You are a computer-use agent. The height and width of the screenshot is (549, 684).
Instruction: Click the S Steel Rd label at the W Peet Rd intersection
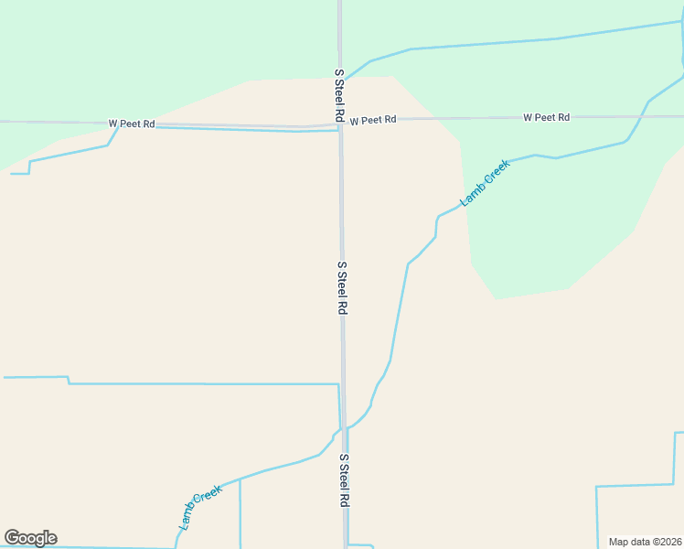pyautogui.click(x=338, y=96)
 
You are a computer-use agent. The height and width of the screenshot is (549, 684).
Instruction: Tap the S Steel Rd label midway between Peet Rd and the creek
pyautogui.click(x=342, y=288)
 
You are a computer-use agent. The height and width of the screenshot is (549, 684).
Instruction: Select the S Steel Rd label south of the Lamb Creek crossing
pyautogui.click(x=345, y=480)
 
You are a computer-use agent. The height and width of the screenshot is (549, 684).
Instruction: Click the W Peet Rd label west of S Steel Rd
pyautogui.click(x=132, y=124)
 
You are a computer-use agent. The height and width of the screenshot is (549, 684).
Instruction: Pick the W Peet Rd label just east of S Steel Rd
pyautogui.click(x=373, y=120)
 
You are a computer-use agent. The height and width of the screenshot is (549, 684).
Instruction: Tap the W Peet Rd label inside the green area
pyautogui.click(x=546, y=117)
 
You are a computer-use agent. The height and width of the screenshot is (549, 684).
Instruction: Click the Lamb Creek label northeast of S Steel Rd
pyautogui.click(x=485, y=183)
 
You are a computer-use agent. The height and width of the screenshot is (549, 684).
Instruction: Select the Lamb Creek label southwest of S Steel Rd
pyautogui.click(x=200, y=507)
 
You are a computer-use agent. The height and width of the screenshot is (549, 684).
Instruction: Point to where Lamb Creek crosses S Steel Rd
pyautogui.click(x=344, y=427)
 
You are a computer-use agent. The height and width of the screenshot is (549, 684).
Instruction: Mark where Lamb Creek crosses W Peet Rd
pyautogui.click(x=647, y=116)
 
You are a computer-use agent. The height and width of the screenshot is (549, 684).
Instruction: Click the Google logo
pyautogui.click(x=30, y=538)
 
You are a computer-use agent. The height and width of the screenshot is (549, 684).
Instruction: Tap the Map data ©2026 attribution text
pyautogui.click(x=646, y=542)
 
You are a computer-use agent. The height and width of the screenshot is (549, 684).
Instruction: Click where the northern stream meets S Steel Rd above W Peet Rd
pyautogui.click(x=341, y=80)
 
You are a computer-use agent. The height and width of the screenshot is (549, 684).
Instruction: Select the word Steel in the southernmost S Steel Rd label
pyautogui.click(x=345, y=481)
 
